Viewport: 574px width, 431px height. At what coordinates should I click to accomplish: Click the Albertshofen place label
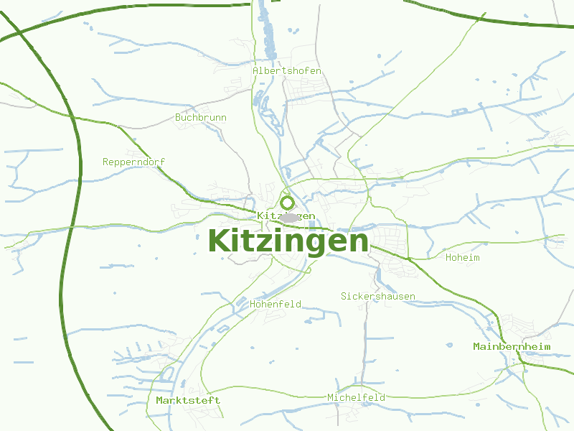tap(287, 71)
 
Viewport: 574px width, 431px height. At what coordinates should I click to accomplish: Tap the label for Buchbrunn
tap(201, 116)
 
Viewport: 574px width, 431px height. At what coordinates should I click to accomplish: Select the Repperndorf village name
tap(133, 162)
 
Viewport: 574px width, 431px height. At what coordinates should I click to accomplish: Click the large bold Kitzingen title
tap(288, 241)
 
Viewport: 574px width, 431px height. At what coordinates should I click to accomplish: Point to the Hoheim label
tap(462, 257)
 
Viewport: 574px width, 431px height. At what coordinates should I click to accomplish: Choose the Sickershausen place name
tap(377, 296)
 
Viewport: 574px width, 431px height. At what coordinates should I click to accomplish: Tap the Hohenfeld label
tap(276, 304)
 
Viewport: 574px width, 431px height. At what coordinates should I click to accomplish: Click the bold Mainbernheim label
tap(512, 346)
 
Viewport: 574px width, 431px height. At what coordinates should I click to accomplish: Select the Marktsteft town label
tap(188, 399)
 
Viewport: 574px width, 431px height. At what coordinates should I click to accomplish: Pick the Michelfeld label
tap(356, 397)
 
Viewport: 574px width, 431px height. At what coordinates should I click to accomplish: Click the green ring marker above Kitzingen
tap(288, 203)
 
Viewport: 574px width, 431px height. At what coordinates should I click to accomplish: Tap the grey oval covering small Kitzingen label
tap(288, 217)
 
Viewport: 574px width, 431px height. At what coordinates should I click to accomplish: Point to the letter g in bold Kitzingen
tap(316, 243)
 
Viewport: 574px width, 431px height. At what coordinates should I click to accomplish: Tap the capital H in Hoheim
tap(448, 257)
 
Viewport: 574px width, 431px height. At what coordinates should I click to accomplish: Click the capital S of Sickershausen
tap(344, 296)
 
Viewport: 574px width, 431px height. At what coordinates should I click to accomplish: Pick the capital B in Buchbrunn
tap(178, 116)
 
